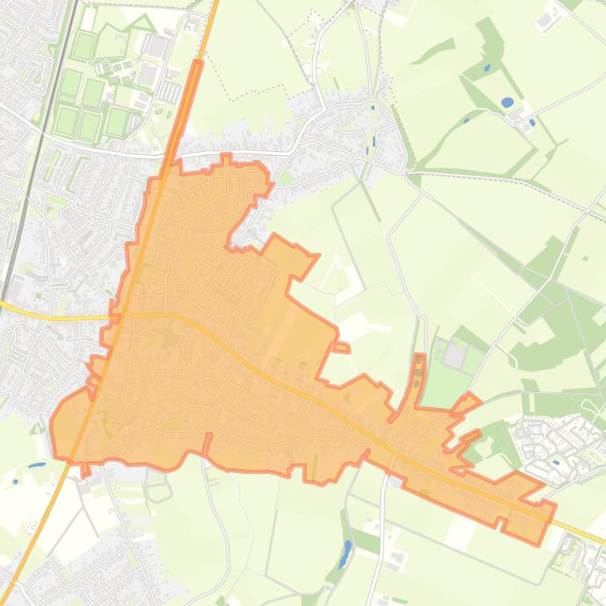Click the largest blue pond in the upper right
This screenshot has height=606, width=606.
[x=507, y=102]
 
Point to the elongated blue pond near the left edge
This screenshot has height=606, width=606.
[x=36, y=465]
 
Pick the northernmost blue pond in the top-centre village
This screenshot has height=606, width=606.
[x=372, y=108]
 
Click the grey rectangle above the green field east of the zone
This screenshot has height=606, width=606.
[x=455, y=356]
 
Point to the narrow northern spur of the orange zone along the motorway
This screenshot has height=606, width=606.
[x=189, y=102]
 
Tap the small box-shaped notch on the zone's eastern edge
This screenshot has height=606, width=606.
[x=341, y=347]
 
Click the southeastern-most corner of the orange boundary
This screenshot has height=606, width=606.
[x=539, y=543]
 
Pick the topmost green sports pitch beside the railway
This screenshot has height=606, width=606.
[x=83, y=46]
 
